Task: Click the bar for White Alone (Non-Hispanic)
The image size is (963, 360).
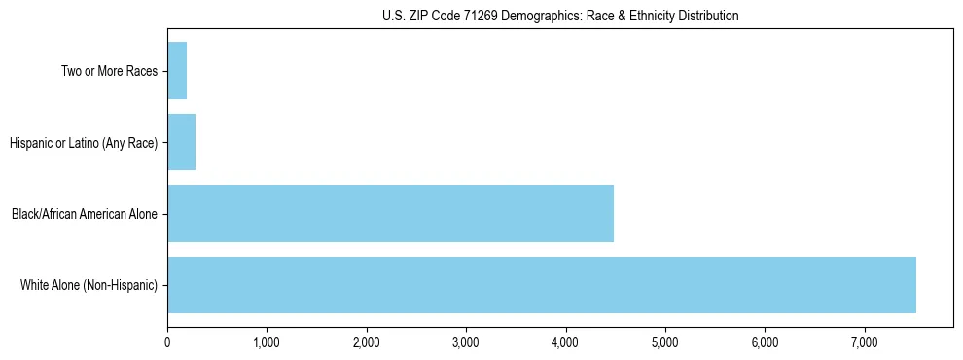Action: (x=541, y=285)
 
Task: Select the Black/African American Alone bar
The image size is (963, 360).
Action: (x=390, y=213)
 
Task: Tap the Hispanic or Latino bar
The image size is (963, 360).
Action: (x=181, y=142)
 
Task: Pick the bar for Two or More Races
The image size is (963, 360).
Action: (x=177, y=70)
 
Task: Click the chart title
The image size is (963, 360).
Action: (x=560, y=16)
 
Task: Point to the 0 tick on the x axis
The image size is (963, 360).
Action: (x=167, y=342)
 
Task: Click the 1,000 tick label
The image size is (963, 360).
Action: (x=267, y=342)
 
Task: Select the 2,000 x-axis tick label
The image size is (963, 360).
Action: (x=367, y=342)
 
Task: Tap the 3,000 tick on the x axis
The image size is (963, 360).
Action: (x=466, y=342)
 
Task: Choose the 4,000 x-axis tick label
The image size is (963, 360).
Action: (x=565, y=342)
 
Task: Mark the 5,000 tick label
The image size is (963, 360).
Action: (x=665, y=342)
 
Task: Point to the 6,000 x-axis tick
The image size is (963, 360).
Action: (x=765, y=342)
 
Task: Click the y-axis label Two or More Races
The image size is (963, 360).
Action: (x=109, y=71)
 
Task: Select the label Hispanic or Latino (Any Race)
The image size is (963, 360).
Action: (x=84, y=143)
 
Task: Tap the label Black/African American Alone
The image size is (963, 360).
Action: (x=85, y=214)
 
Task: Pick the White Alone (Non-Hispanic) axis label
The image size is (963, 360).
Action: (x=89, y=286)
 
